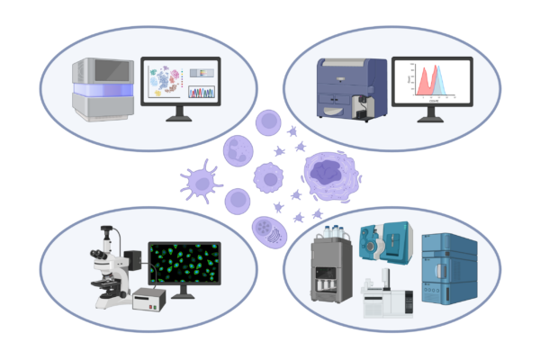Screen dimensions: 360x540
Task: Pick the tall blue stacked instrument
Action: [x=448, y=271]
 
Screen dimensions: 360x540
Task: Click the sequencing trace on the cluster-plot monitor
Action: [x=202, y=92]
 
